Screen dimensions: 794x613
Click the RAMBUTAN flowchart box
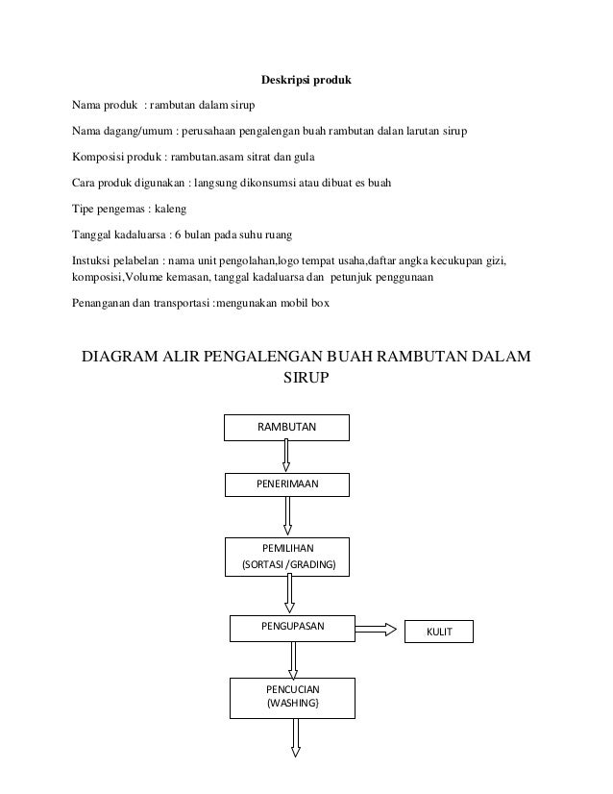285,426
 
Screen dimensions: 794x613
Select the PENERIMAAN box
287,485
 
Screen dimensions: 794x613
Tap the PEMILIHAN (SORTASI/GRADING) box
288,556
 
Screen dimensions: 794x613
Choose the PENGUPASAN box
292,627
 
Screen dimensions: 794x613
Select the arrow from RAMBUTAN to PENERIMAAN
286,455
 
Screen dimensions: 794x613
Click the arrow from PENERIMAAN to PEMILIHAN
287,516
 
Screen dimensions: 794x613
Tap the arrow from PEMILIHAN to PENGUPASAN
289,593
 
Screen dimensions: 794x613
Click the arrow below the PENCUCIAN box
295,737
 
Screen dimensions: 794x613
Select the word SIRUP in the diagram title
306,380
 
